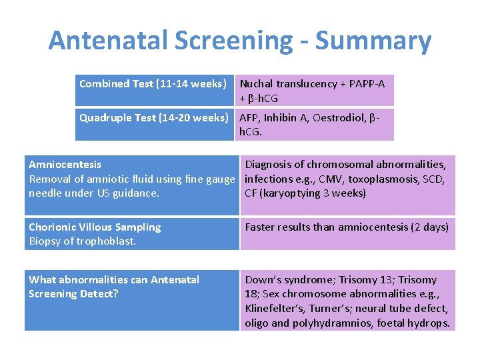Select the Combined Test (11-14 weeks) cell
coord(153,84)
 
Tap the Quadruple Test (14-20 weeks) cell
coord(153,118)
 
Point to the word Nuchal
coord(257,84)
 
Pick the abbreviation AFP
coord(249,118)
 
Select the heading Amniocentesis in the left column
coord(65,164)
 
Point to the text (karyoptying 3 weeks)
coord(313,193)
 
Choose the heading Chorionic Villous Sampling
coord(95,227)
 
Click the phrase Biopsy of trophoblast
coord(82,241)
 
